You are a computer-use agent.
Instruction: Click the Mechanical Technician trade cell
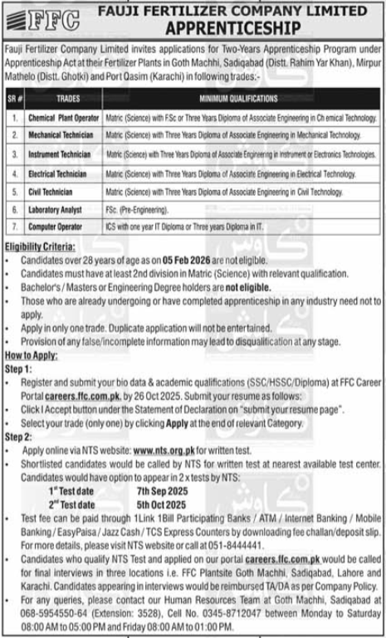click(x=59, y=136)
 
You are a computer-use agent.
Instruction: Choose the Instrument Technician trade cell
click(x=59, y=155)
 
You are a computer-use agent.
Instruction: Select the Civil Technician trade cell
click(x=51, y=192)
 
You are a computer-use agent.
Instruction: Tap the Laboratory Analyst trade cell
click(x=55, y=208)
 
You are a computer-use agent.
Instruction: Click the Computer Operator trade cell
click(x=56, y=225)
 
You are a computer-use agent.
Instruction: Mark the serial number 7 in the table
click(x=14, y=225)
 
